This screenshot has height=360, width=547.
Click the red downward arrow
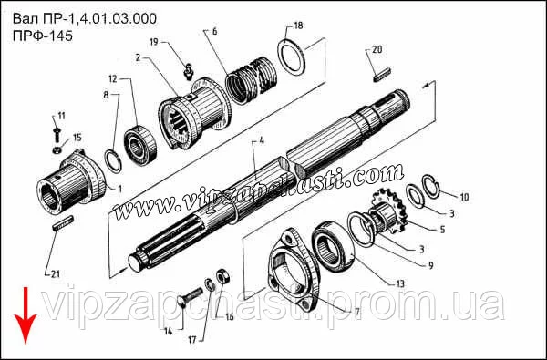tap(26, 315)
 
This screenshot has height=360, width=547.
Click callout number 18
tap(298, 26)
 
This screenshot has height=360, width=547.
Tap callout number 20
tap(377, 49)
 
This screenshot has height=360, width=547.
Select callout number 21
tap(55, 274)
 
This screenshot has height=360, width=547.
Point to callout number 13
tap(400, 283)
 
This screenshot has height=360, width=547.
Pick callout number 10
tap(464, 197)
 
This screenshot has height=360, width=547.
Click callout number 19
tap(154, 42)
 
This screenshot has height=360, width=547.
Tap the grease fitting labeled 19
tap(189, 71)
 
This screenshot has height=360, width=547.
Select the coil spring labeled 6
tap(252, 80)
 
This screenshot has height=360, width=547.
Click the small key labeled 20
tap(382, 75)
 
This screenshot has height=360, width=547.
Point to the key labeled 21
tap(63, 222)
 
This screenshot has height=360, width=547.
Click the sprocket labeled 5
tap(388, 211)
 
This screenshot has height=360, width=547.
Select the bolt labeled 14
tap(191, 297)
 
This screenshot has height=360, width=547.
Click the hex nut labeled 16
tap(222, 277)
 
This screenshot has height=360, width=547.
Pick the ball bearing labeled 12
tap(140, 145)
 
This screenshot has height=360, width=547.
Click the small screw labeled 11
tap(57, 134)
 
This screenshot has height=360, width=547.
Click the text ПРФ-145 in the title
tap(43, 36)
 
